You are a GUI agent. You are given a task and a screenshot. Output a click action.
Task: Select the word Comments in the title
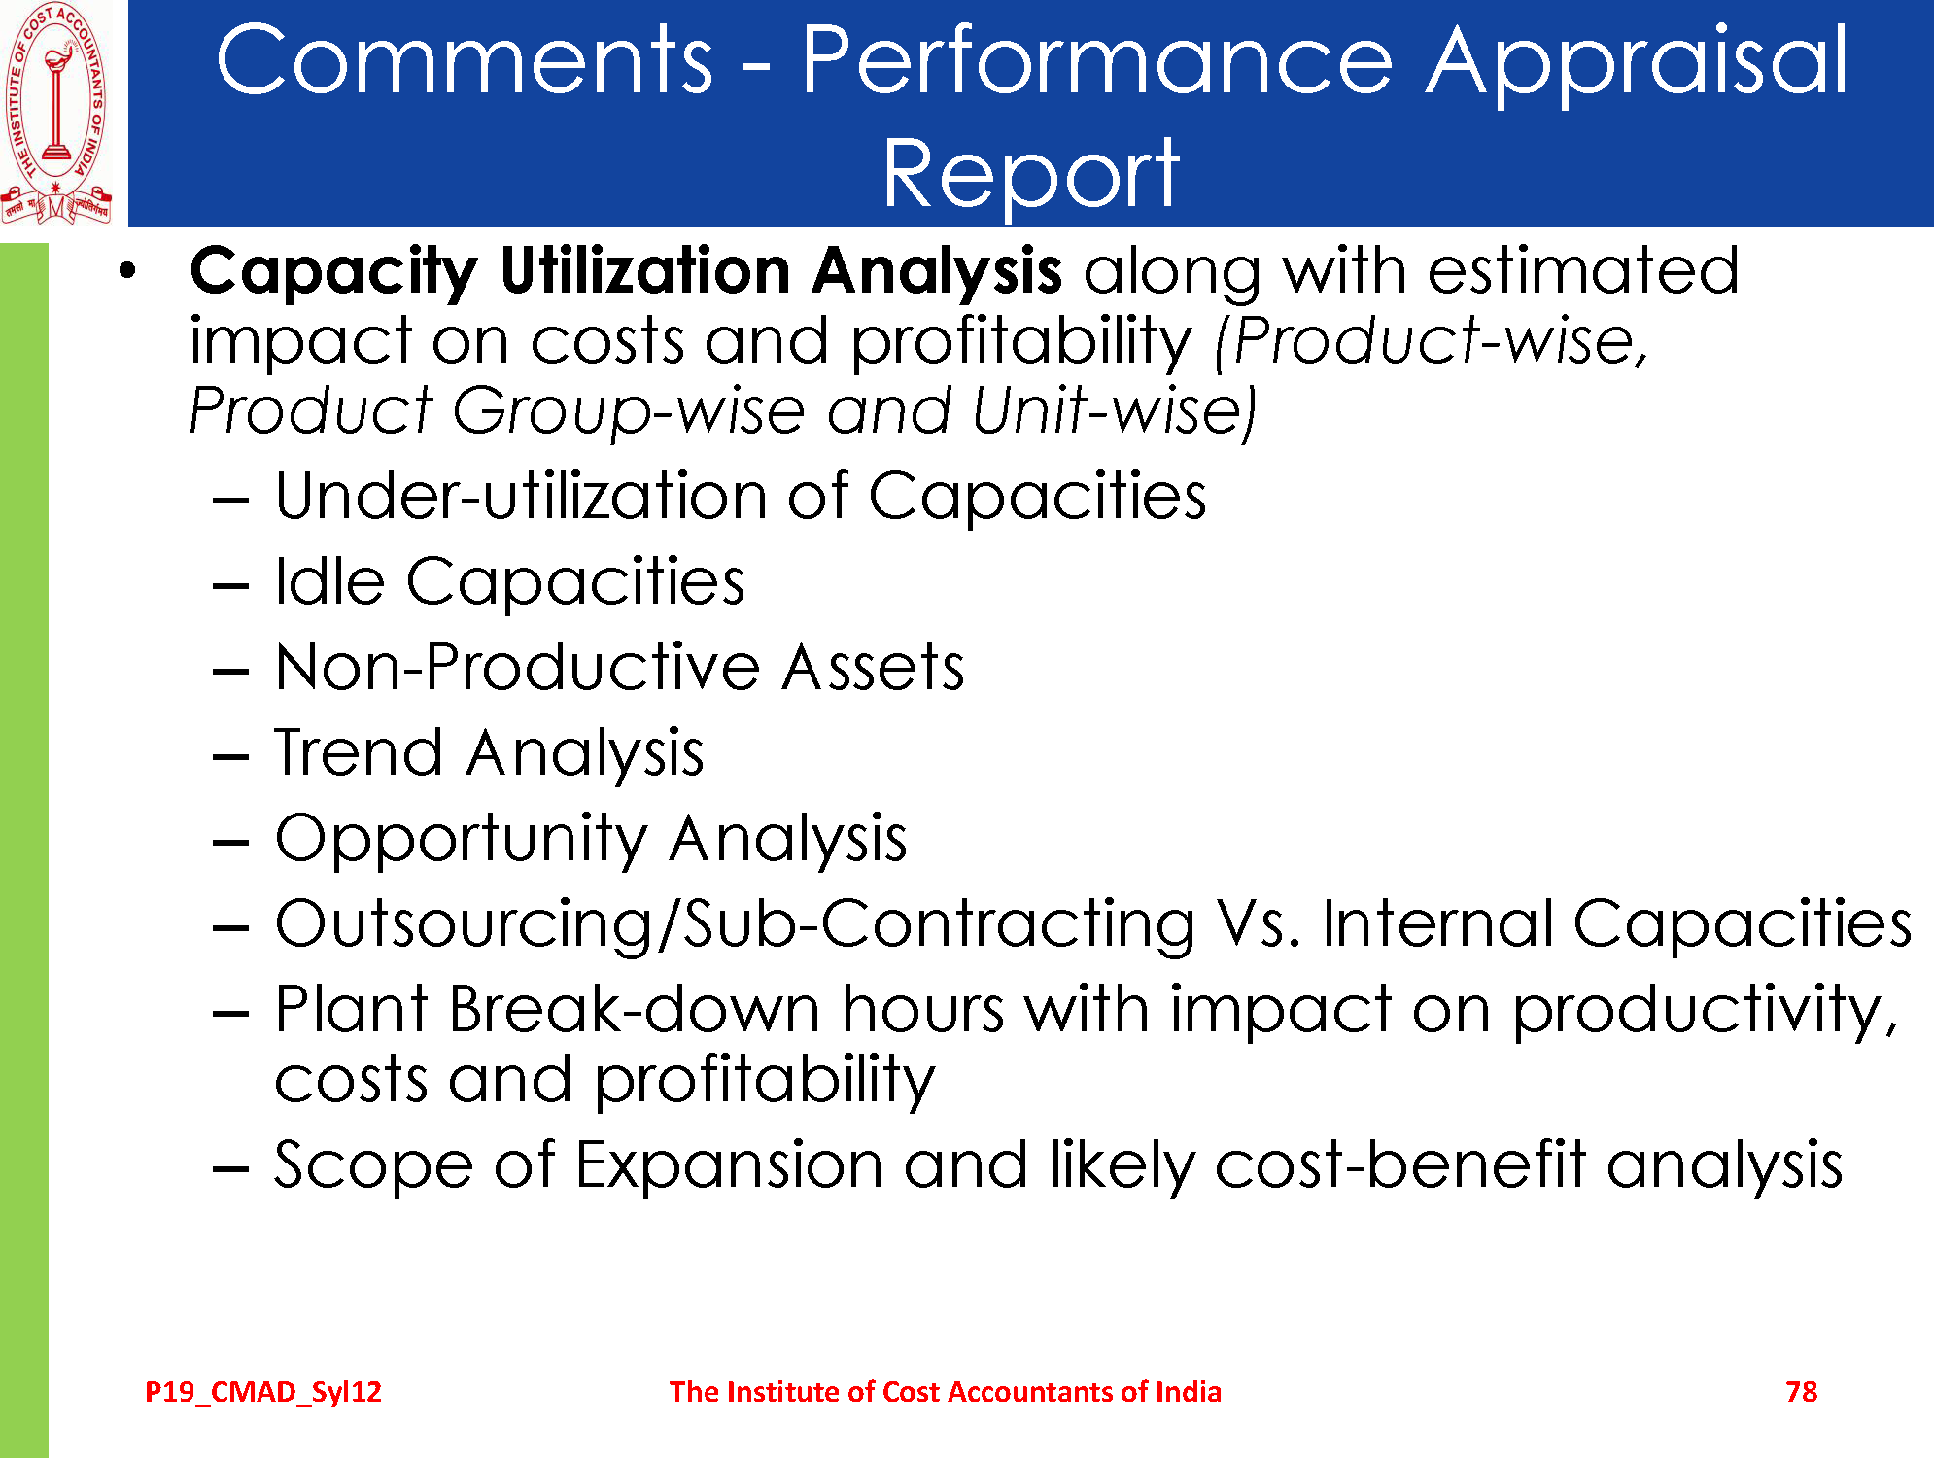pos(465,59)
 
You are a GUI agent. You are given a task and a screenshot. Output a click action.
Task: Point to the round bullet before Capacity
pos(127,271)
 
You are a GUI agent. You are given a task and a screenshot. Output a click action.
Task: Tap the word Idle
pos(329,581)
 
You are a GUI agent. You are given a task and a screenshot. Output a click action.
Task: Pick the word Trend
pos(359,752)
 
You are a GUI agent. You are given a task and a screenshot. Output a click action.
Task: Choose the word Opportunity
pos(462,840)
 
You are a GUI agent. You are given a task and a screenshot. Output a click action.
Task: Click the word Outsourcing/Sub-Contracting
pos(736,923)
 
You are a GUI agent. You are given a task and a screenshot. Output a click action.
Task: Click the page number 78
pos(1801,1392)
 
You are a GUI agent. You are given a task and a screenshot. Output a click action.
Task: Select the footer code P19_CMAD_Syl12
pos(263,1393)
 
